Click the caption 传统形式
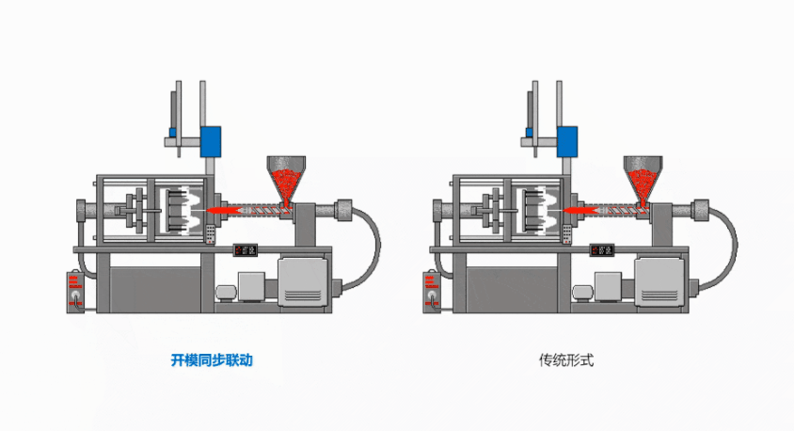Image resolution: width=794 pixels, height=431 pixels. pos(566,359)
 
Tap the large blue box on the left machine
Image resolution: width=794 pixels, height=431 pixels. pos(211,141)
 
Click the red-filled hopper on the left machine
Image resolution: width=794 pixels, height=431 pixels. pos(285,179)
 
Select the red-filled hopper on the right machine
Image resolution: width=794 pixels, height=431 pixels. pos(642,179)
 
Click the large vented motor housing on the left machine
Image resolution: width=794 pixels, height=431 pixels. pos(302,280)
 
